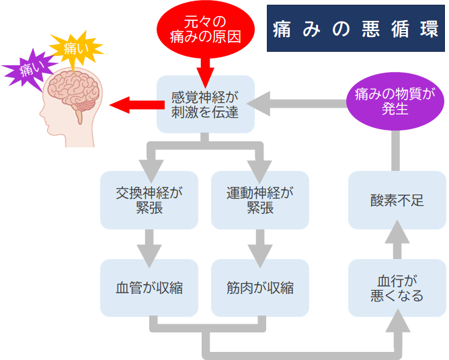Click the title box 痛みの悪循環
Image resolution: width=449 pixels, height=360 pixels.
click(x=356, y=29)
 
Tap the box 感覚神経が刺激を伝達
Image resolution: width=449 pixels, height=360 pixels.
click(x=206, y=104)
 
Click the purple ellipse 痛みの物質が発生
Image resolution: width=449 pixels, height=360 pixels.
click(x=395, y=101)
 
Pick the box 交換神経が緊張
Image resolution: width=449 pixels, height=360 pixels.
click(x=149, y=200)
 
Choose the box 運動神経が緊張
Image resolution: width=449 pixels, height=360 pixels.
click(x=260, y=200)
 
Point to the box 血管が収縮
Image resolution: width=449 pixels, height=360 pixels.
click(x=149, y=287)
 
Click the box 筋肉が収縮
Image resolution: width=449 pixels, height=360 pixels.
click(x=260, y=287)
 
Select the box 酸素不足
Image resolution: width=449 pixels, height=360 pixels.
click(x=397, y=200)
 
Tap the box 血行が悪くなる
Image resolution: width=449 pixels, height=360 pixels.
click(x=397, y=287)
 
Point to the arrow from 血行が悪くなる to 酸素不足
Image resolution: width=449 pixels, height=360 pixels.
click(x=397, y=242)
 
